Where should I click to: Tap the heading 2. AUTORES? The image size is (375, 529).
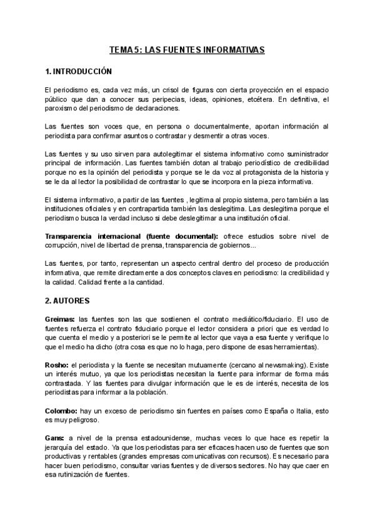tap(67, 301)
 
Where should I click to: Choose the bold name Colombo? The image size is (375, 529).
tap(61, 411)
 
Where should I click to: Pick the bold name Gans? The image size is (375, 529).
tap(54, 439)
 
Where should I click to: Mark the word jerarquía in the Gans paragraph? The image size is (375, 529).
tap(62, 448)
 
